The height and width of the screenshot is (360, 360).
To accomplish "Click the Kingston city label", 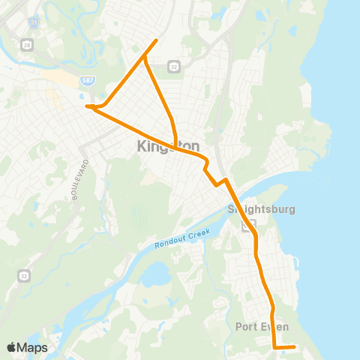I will [158, 146].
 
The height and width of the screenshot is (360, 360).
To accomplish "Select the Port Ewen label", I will [262, 326].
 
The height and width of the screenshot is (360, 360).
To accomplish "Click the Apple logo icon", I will [11, 347].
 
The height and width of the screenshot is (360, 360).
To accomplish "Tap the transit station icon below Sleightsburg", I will [253, 223].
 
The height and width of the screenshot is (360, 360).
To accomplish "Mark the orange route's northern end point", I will [156, 40].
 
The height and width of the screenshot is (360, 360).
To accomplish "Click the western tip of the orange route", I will [87, 106].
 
